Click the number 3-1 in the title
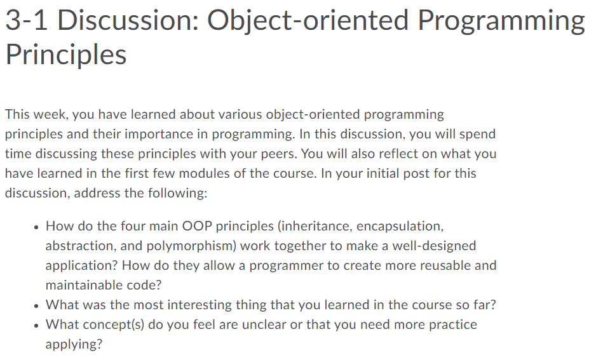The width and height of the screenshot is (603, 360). (27, 20)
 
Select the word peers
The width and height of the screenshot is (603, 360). (279, 154)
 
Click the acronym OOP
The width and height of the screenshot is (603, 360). (197, 226)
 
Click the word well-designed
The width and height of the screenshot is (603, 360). (434, 246)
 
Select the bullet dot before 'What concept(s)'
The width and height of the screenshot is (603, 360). (36, 326)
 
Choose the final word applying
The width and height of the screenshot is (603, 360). (74, 345)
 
